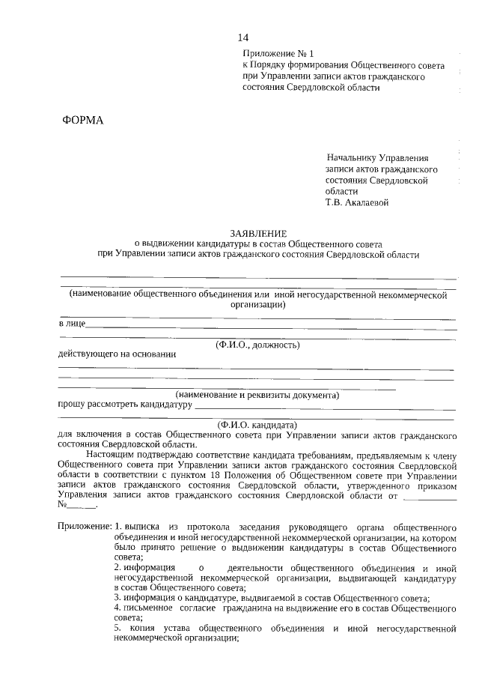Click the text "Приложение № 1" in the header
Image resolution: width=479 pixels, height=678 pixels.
point(275,54)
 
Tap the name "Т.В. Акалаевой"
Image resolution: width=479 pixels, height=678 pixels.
point(356,202)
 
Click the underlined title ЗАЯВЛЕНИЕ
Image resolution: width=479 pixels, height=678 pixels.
point(258,234)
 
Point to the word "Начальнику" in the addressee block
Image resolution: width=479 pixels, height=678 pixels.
point(352,159)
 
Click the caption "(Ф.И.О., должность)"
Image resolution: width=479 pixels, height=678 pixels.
point(257,345)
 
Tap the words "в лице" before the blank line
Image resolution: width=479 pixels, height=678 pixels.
point(72,324)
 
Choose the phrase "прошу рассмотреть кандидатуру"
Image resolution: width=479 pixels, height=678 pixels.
point(125,405)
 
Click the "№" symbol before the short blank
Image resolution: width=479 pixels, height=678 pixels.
point(63,505)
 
